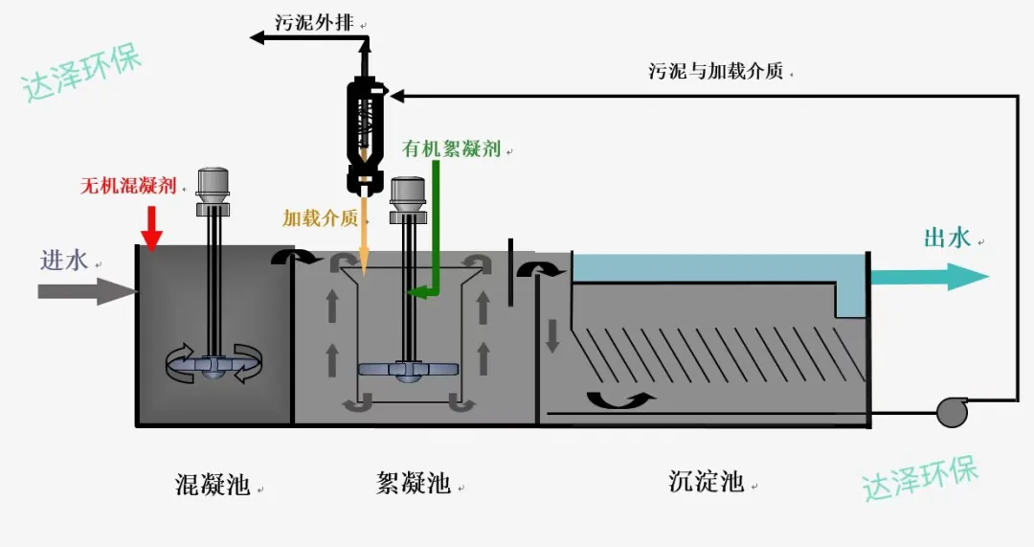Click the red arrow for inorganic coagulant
pyautogui.click(x=152, y=228)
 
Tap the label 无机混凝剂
pyautogui.click(x=128, y=186)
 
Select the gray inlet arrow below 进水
pyautogui.click(x=87, y=291)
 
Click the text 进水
pyautogui.click(x=64, y=260)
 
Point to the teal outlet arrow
pyautogui.click(x=930, y=277)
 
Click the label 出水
pyautogui.click(x=948, y=238)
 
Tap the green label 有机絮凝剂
pyautogui.click(x=452, y=148)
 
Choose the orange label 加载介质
pyautogui.click(x=321, y=217)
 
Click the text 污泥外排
pyautogui.click(x=315, y=22)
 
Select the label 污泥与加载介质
pyautogui.click(x=716, y=71)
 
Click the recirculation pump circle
pyautogui.click(x=953, y=412)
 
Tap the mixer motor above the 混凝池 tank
pyautogui.click(x=213, y=192)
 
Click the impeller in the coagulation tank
pyautogui.click(x=213, y=364)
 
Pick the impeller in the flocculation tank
pyautogui.click(x=408, y=370)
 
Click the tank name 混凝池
pyautogui.click(x=213, y=484)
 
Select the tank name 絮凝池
pyautogui.click(x=414, y=482)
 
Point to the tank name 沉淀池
pyautogui.click(x=707, y=481)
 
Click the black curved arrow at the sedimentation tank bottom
pyautogui.click(x=619, y=399)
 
